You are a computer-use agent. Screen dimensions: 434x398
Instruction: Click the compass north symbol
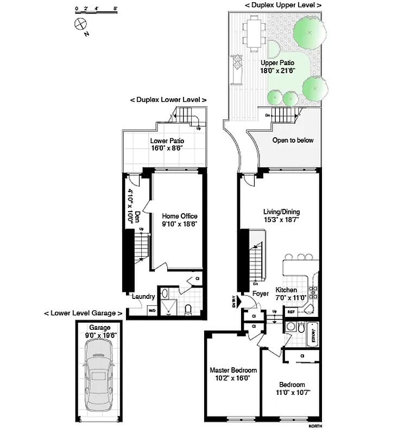coord(80,23)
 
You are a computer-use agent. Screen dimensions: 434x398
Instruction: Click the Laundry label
coord(144,297)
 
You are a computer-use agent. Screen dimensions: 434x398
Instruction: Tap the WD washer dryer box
coord(153,311)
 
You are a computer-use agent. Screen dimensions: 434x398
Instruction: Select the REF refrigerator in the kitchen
coord(291,312)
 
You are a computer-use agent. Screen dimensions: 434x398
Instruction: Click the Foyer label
coord(261,293)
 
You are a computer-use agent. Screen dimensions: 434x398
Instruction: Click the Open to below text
coord(293,140)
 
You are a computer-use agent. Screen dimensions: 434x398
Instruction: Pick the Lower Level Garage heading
coord(83,314)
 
